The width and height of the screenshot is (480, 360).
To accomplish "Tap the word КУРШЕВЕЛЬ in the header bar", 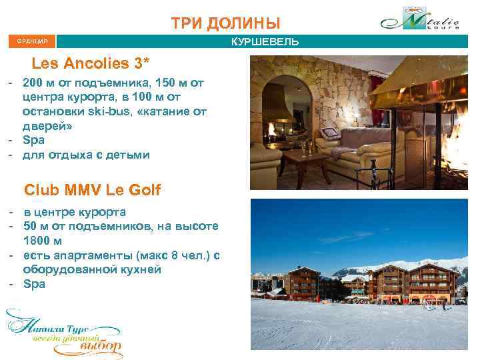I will [265, 42].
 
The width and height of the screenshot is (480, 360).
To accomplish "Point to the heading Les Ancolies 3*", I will [96, 64].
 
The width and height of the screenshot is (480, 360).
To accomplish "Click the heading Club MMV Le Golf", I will [92, 190].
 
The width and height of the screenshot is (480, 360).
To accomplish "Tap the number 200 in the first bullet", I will [33, 83].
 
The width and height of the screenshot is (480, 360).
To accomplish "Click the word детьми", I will [131, 155].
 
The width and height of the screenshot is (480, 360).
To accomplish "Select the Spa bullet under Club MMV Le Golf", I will [33, 284].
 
